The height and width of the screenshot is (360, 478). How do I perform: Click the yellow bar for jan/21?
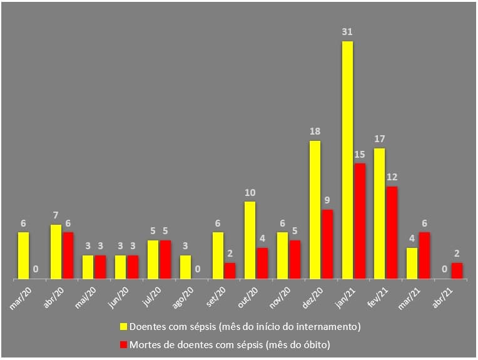(x=347, y=160)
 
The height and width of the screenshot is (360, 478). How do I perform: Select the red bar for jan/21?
(x=359, y=221)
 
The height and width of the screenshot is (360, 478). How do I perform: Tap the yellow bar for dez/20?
(x=315, y=210)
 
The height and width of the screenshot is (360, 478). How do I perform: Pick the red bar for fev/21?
(x=392, y=232)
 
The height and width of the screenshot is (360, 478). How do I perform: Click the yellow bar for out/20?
(x=250, y=240)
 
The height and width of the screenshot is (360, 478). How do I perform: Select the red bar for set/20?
(x=230, y=270)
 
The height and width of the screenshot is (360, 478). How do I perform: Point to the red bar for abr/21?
(x=457, y=270)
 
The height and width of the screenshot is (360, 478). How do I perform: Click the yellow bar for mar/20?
(x=23, y=255)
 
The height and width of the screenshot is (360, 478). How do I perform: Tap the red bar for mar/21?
(x=424, y=255)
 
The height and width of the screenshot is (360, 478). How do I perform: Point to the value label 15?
(x=359, y=155)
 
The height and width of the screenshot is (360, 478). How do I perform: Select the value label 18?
(x=315, y=132)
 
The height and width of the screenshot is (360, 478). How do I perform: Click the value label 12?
(x=392, y=177)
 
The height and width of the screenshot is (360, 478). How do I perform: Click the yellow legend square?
(x=123, y=326)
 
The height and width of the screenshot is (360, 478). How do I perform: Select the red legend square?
(x=123, y=344)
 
